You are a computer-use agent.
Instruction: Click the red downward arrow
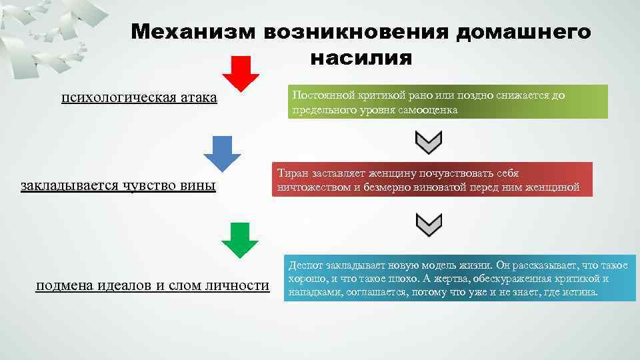[x=241, y=73]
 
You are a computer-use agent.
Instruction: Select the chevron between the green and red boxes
[x=429, y=142]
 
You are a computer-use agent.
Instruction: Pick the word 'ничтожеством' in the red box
[x=312, y=188]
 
